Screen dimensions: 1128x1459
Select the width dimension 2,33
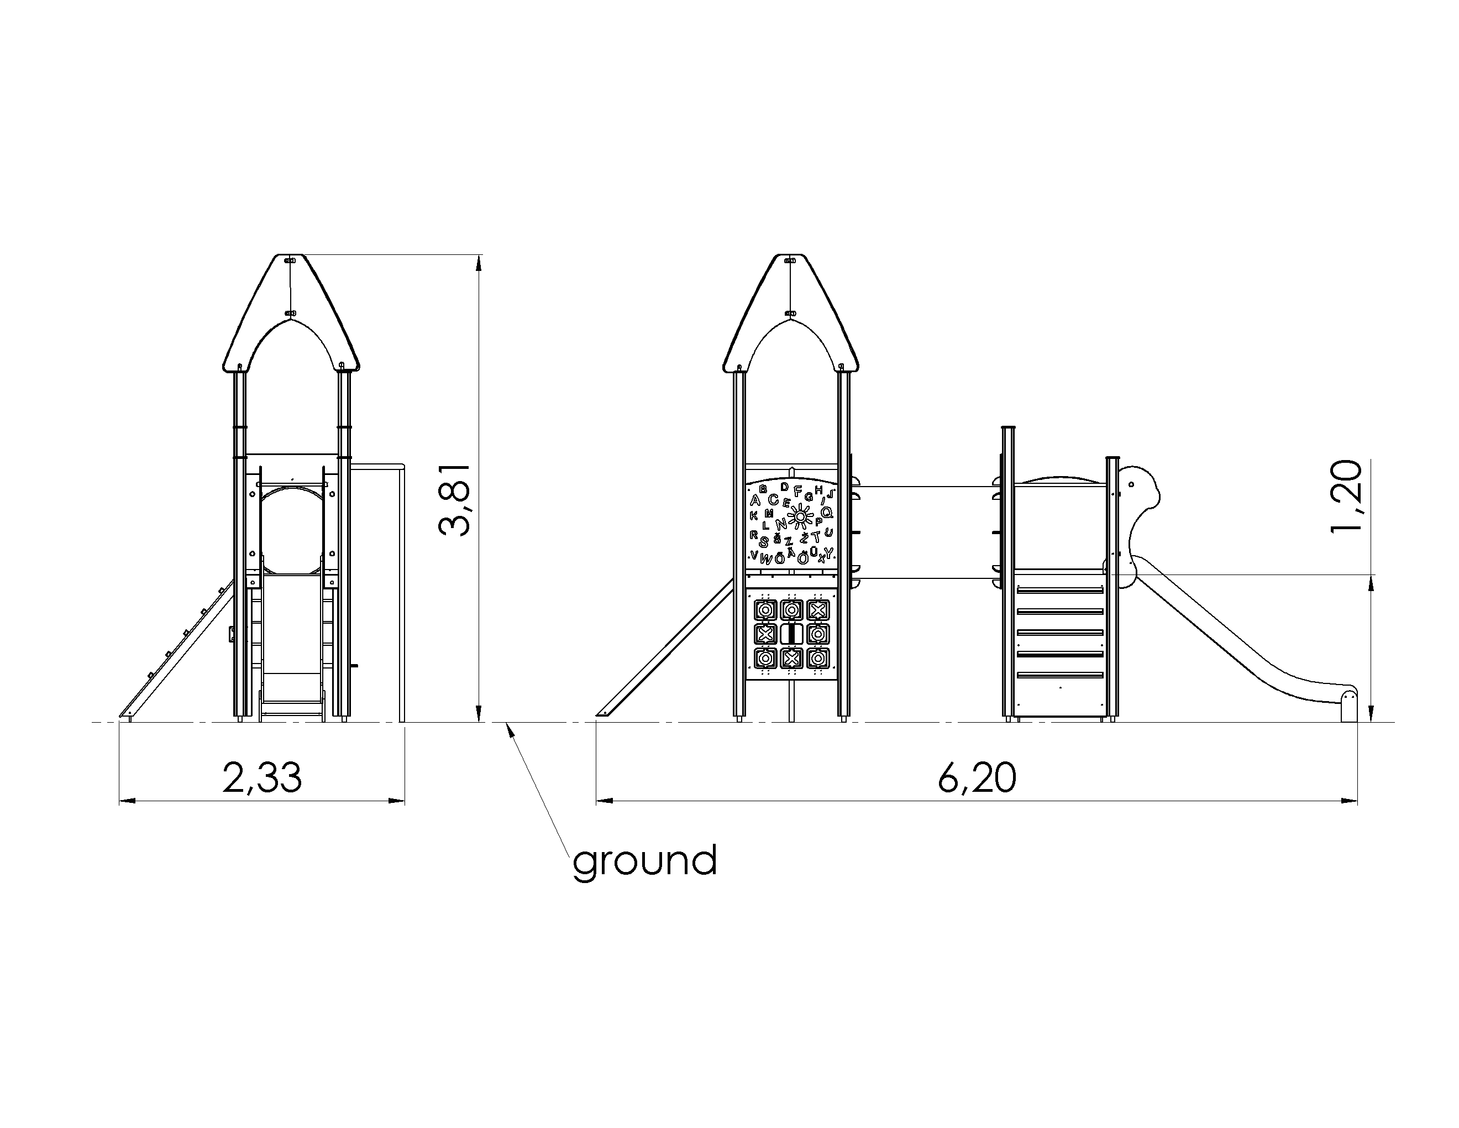point(262,778)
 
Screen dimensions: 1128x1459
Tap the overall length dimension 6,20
point(977,778)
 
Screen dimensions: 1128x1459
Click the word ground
point(644,861)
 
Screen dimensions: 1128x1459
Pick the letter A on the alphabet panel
point(755,500)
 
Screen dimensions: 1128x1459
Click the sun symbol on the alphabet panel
point(800,516)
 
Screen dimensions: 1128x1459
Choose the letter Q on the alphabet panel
point(827,513)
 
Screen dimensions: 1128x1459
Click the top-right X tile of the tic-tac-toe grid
point(818,609)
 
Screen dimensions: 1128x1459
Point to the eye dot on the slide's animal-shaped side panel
point(1131,484)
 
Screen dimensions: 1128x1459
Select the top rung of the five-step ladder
point(1060,590)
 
